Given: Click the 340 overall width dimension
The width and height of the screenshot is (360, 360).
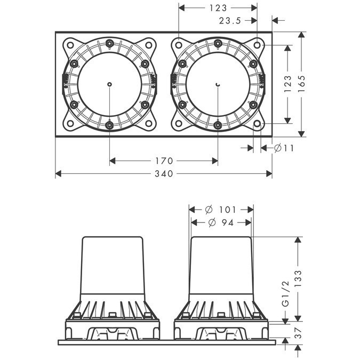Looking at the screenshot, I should [164, 174].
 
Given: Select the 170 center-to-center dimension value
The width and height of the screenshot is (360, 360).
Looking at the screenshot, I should [164, 161].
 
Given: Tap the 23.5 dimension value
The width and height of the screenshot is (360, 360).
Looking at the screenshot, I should [230, 21].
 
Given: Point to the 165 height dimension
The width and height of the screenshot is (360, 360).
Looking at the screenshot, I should [301, 83].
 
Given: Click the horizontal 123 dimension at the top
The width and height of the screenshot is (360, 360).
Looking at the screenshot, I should [218, 8].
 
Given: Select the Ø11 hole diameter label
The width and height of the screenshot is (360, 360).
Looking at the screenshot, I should [284, 148].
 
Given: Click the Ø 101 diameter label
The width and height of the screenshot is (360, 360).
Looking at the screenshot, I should [221, 209].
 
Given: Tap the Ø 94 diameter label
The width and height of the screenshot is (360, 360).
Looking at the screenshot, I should [221, 222].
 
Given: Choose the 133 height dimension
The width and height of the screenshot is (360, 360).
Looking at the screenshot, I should [298, 278].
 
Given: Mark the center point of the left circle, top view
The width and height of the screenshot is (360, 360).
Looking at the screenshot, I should [109, 84].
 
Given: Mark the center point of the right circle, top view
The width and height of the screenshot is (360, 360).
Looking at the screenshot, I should [218, 84].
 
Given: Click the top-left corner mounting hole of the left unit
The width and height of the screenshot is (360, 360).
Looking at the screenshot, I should [69, 45].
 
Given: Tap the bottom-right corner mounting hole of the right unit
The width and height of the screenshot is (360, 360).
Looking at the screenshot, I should [258, 124].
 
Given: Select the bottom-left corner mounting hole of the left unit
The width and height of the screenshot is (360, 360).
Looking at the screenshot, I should [69, 124].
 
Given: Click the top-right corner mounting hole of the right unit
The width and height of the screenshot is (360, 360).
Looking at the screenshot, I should [258, 45].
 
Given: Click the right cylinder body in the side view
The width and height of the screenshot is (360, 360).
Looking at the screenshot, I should [221, 267].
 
